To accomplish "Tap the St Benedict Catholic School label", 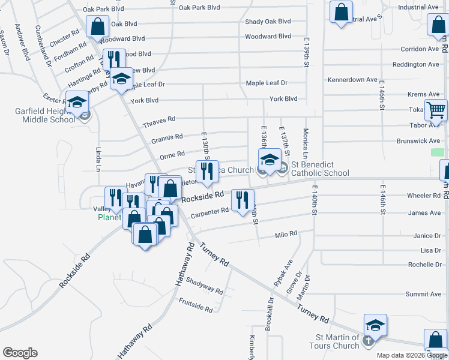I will (x=320, y=169).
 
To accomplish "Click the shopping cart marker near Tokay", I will (x=436, y=110).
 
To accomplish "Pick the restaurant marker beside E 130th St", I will (x=208, y=171).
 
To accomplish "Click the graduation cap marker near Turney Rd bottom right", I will (x=375, y=326).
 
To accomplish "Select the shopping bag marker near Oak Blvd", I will (x=97, y=26).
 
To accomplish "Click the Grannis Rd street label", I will (x=167, y=139).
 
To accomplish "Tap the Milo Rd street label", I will (x=286, y=235).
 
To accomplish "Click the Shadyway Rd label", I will (x=205, y=286).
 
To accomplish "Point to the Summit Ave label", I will (x=423, y=294).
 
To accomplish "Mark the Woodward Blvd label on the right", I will (x=268, y=37).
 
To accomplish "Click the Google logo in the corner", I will (x=20, y=353).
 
